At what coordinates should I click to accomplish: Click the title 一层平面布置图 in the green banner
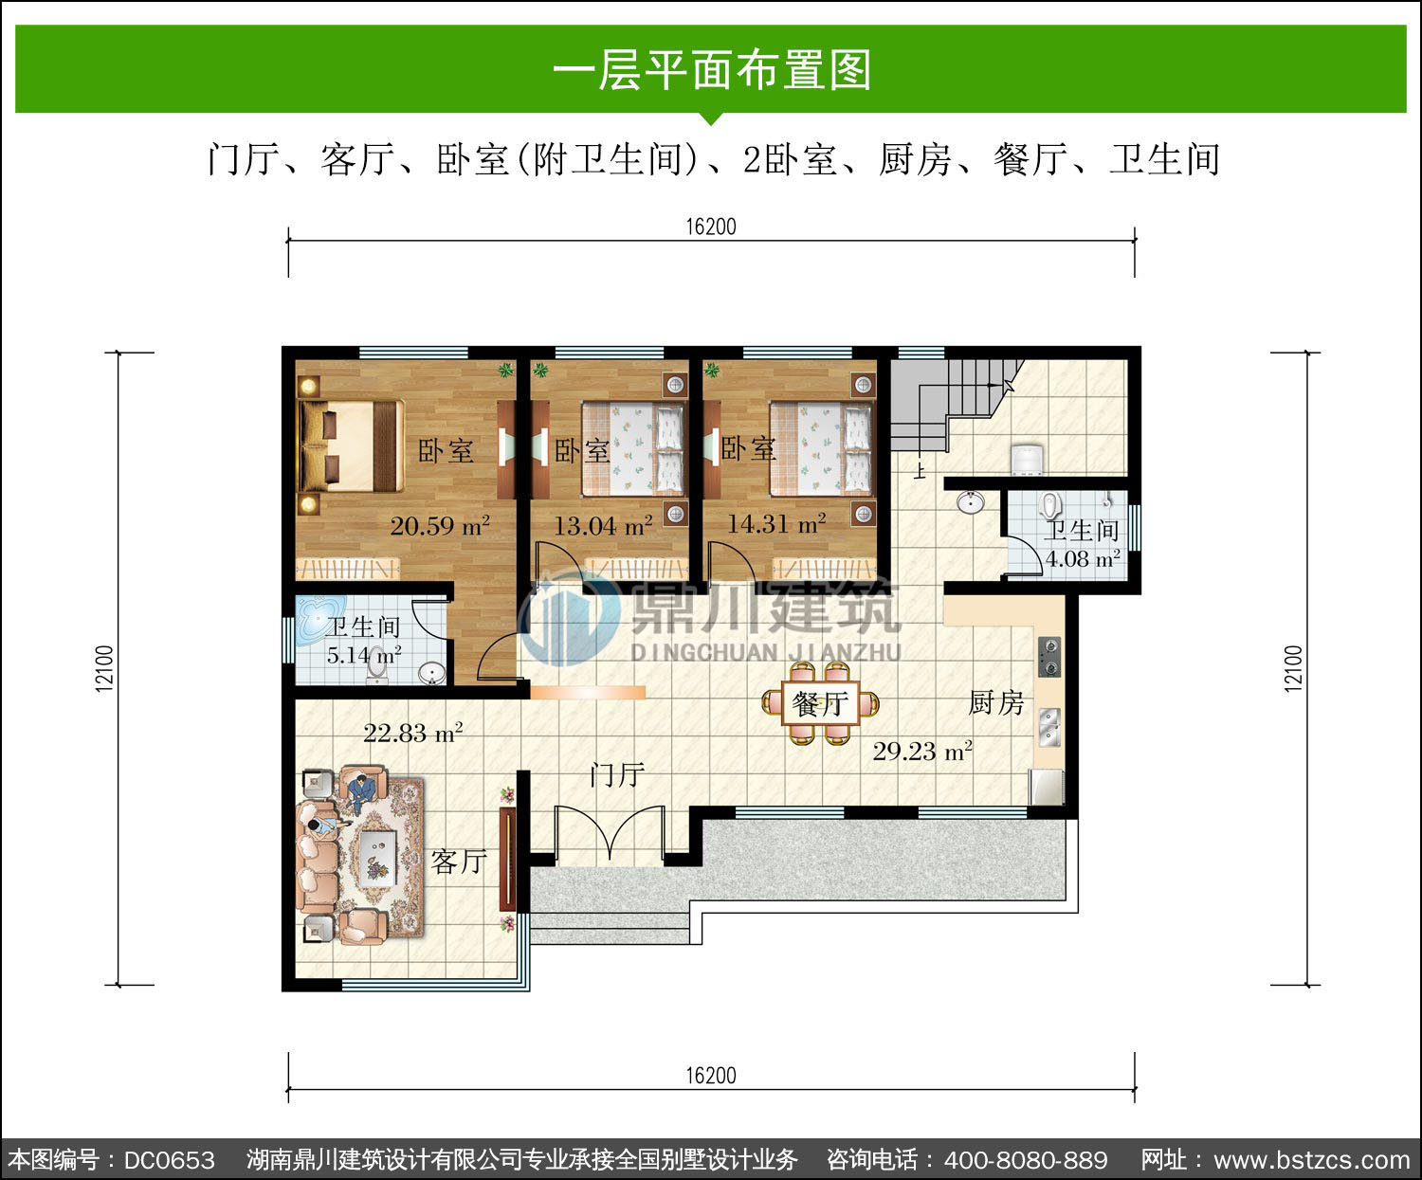point(711,69)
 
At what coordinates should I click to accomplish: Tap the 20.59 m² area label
point(440,526)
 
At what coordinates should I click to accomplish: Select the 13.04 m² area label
point(603,526)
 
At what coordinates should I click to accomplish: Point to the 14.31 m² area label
point(776,523)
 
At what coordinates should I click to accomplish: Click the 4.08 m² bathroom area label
point(1083,559)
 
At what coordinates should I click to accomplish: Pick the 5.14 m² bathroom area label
point(364,655)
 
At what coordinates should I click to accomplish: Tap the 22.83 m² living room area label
point(412,733)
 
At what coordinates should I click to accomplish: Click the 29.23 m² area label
point(922,751)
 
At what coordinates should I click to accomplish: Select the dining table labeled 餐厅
point(820,703)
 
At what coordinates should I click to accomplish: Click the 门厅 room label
point(617,775)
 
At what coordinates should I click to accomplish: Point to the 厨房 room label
point(995,703)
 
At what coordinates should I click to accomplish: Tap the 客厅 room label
point(458,862)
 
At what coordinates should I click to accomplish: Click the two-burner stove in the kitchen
point(1048,657)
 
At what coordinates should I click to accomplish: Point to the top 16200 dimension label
point(711,227)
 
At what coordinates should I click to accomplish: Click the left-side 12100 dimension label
point(104,668)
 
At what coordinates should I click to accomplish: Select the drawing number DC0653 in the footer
point(169,1159)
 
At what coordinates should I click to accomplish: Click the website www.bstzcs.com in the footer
point(1312,1159)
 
